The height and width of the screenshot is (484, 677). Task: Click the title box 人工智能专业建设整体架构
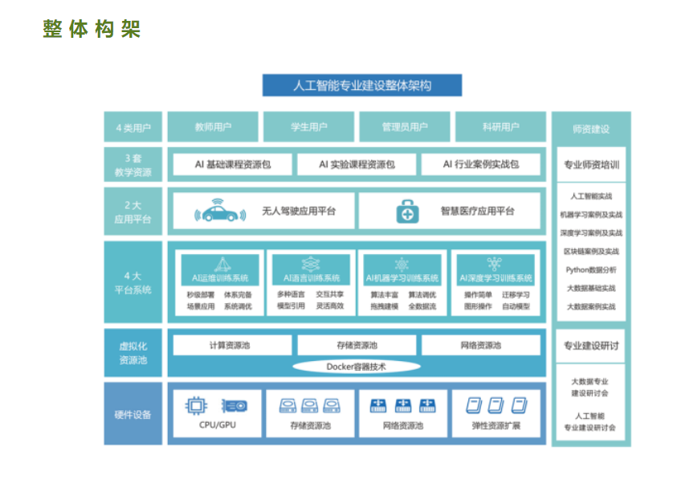[361, 85]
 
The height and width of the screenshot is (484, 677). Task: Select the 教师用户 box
[213, 127]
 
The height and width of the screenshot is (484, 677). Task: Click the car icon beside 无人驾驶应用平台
[220, 211]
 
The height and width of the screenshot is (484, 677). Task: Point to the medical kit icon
[407, 212]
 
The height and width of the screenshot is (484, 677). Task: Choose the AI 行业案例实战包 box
[480, 164]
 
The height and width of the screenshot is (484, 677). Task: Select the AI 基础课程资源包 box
[232, 164]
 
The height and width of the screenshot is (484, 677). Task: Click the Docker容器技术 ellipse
[356, 367]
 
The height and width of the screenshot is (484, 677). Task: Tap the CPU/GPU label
[218, 425]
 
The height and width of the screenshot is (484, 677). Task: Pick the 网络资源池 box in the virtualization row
[480, 346]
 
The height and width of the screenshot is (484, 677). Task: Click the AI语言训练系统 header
[312, 278]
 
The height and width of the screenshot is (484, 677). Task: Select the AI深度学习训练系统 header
[496, 278]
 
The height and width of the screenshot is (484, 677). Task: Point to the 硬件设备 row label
[133, 415]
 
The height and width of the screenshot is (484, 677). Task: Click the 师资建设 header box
[591, 129]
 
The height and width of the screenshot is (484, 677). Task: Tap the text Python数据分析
[591, 270]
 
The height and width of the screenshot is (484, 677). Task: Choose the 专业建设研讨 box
[591, 346]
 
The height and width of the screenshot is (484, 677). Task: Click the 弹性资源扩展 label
[496, 425]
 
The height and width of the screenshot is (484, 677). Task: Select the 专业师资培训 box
[591, 165]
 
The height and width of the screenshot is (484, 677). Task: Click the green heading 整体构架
[92, 29]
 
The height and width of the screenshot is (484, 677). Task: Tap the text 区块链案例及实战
[591, 252]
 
